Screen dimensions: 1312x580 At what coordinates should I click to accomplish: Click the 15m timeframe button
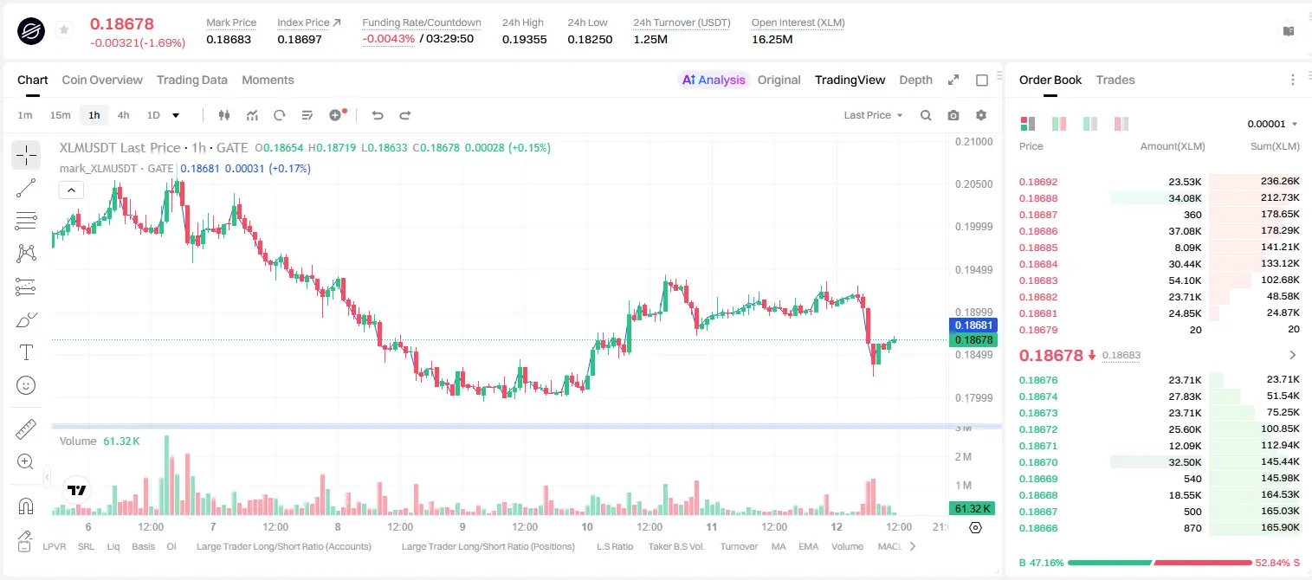(61, 115)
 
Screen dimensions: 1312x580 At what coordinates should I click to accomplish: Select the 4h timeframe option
(123, 115)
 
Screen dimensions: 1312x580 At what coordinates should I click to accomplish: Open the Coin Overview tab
(102, 80)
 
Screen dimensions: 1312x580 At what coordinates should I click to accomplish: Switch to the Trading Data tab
(191, 80)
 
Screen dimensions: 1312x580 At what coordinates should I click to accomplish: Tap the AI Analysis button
(714, 80)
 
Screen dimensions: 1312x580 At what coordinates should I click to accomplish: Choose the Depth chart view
(915, 80)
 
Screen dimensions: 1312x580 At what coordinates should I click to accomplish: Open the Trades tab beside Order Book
(1115, 80)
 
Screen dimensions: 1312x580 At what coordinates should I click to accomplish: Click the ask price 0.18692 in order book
(1038, 182)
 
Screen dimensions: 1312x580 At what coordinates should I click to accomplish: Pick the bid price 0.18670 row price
(1038, 462)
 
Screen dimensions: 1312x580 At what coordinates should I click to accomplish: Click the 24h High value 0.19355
(524, 39)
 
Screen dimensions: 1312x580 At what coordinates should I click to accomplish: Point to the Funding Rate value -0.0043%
(388, 39)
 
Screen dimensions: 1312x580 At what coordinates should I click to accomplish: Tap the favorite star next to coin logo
(64, 29)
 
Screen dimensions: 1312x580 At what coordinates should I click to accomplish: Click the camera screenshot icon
(953, 115)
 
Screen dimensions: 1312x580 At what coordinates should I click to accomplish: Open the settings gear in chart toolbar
(981, 115)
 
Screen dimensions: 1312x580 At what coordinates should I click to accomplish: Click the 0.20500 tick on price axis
(974, 184)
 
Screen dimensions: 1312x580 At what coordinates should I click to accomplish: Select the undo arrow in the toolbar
(378, 115)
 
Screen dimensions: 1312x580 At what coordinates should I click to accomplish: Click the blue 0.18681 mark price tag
(973, 325)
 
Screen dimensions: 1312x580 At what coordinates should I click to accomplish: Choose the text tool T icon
(26, 352)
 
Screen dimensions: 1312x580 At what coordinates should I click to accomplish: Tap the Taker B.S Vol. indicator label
(675, 546)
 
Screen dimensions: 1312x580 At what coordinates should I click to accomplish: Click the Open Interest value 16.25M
(772, 39)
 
